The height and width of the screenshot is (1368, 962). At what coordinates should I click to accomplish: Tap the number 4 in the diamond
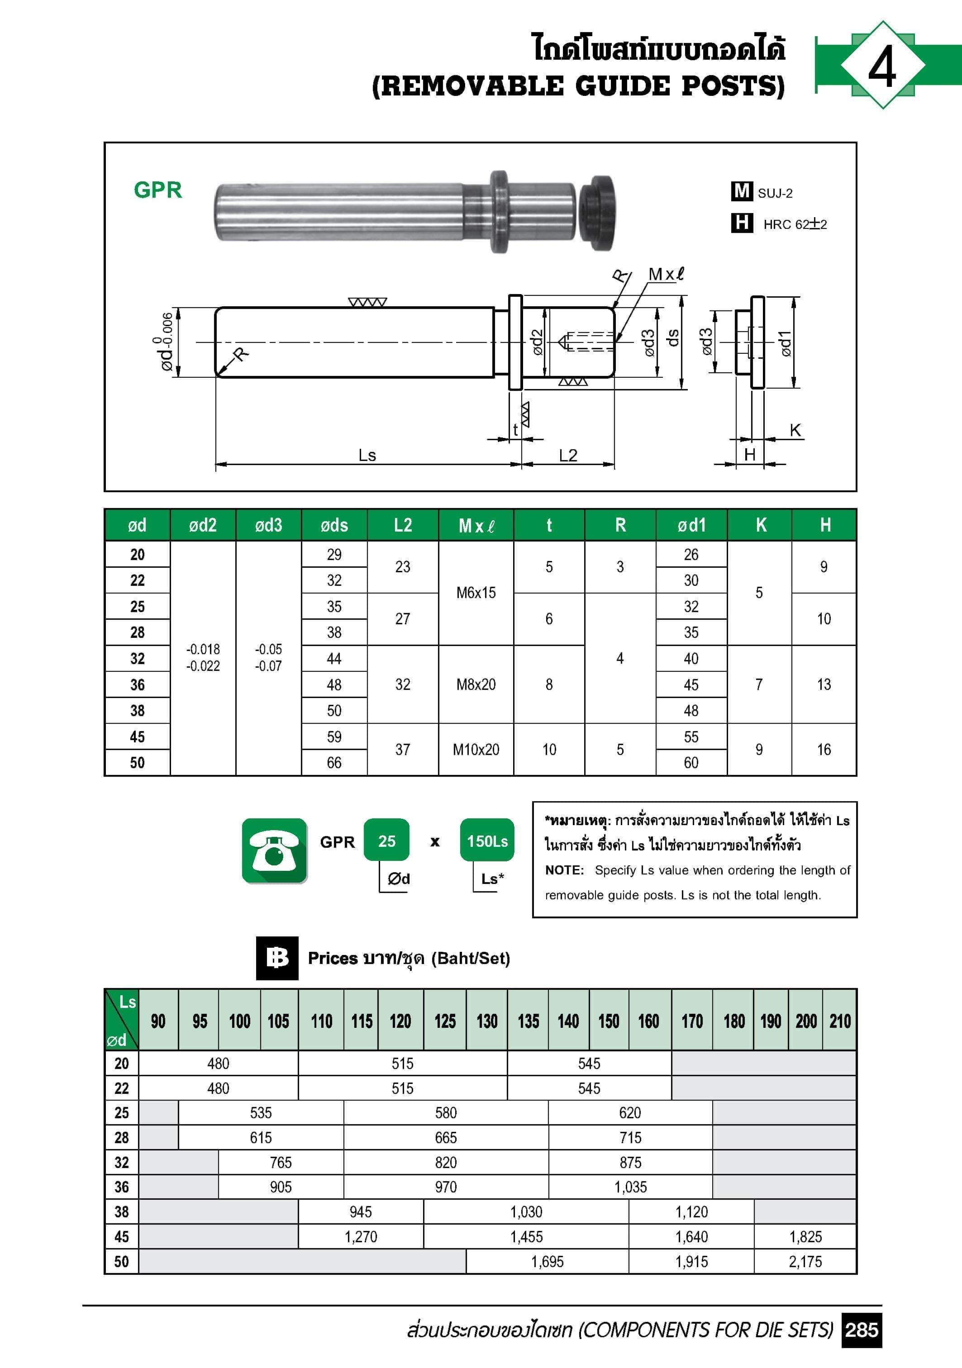(x=881, y=66)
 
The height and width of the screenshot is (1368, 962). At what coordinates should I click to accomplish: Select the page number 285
(x=861, y=1330)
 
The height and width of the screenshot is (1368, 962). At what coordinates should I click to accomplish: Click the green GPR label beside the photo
(x=157, y=190)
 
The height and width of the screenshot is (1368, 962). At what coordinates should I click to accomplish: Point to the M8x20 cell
(x=476, y=684)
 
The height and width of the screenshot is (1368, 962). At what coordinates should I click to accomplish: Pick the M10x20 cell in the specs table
(x=476, y=750)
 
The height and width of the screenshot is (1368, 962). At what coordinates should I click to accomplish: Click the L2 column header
(x=403, y=525)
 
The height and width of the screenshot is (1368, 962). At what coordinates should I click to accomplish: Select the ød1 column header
(x=691, y=525)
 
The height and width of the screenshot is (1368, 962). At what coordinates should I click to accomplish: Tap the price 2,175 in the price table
(x=805, y=1261)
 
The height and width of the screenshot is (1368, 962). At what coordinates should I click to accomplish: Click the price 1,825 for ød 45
(x=805, y=1236)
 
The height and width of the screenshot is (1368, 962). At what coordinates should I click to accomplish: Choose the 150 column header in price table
(x=609, y=1021)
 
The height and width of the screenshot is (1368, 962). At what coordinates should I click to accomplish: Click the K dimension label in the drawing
(x=795, y=430)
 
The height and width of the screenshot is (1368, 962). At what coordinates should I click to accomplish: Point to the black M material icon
(x=742, y=191)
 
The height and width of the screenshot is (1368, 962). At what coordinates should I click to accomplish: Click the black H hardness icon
(x=742, y=223)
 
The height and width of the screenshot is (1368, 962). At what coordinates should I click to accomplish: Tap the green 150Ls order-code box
(x=487, y=841)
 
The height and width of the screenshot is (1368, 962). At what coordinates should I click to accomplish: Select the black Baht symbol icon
(x=277, y=958)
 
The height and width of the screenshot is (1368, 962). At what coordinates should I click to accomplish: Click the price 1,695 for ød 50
(x=547, y=1261)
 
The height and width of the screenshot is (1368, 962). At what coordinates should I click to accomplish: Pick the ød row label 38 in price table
(x=122, y=1211)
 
